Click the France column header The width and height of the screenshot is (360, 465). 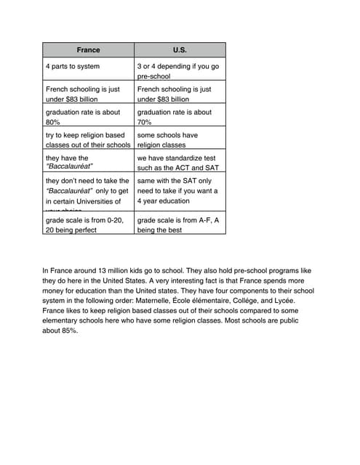click(88, 50)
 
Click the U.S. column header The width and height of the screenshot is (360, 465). click(180, 50)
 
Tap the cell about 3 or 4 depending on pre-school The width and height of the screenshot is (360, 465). click(180, 70)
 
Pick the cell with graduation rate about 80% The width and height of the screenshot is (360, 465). click(88, 117)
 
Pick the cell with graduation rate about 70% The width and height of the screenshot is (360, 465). click(180, 117)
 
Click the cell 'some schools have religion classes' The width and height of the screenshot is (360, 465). click(180, 139)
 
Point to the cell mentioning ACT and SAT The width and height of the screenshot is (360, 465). click(180, 162)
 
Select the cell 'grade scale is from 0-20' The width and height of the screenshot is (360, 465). click(88, 224)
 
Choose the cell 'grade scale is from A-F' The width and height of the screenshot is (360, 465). click(180, 224)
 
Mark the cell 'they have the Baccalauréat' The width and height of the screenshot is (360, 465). click(88, 162)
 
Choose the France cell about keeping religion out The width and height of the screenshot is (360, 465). click(88, 139)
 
